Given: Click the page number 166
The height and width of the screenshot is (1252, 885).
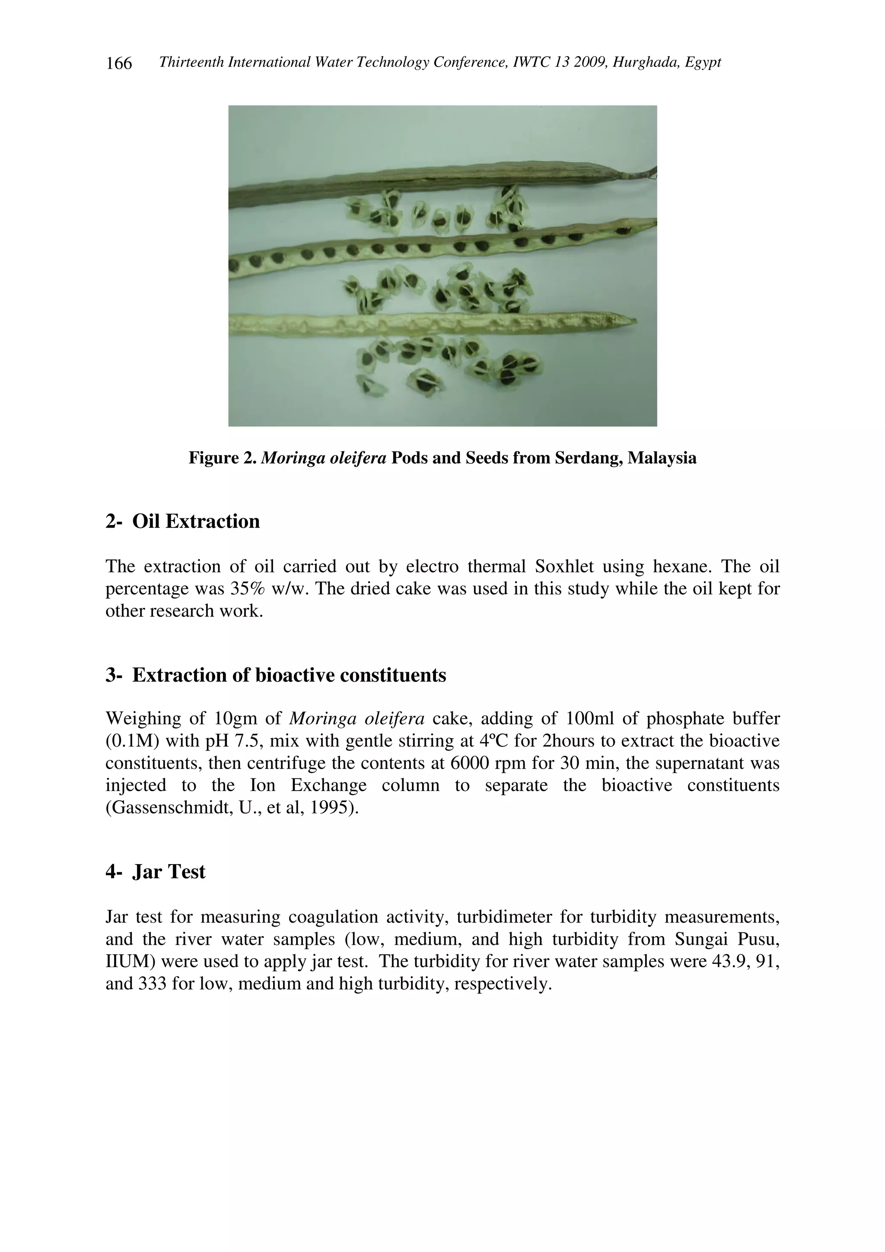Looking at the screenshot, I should tap(119, 64).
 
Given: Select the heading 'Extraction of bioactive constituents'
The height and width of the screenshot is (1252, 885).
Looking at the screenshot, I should tap(289, 675).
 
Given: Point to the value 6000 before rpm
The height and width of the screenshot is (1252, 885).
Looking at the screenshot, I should tap(471, 763).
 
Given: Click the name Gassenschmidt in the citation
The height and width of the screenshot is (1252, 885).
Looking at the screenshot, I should tap(169, 807).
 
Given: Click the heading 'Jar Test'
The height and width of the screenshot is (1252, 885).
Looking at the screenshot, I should tap(169, 871).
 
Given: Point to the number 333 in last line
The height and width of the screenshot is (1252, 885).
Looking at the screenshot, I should tap(156, 983).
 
